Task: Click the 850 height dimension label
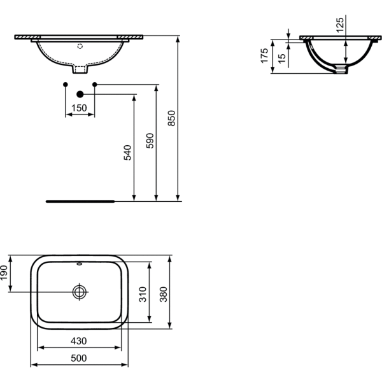[172, 118]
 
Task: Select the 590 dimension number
[150, 141]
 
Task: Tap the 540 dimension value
[127, 153]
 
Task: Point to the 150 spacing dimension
[79, 108]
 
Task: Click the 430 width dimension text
[79, 341]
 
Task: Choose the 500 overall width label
[79, 358]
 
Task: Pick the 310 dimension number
[143, 294]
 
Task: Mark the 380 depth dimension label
[164, 294]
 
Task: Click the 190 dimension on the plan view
[4, 273]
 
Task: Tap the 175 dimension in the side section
[264, 56]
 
